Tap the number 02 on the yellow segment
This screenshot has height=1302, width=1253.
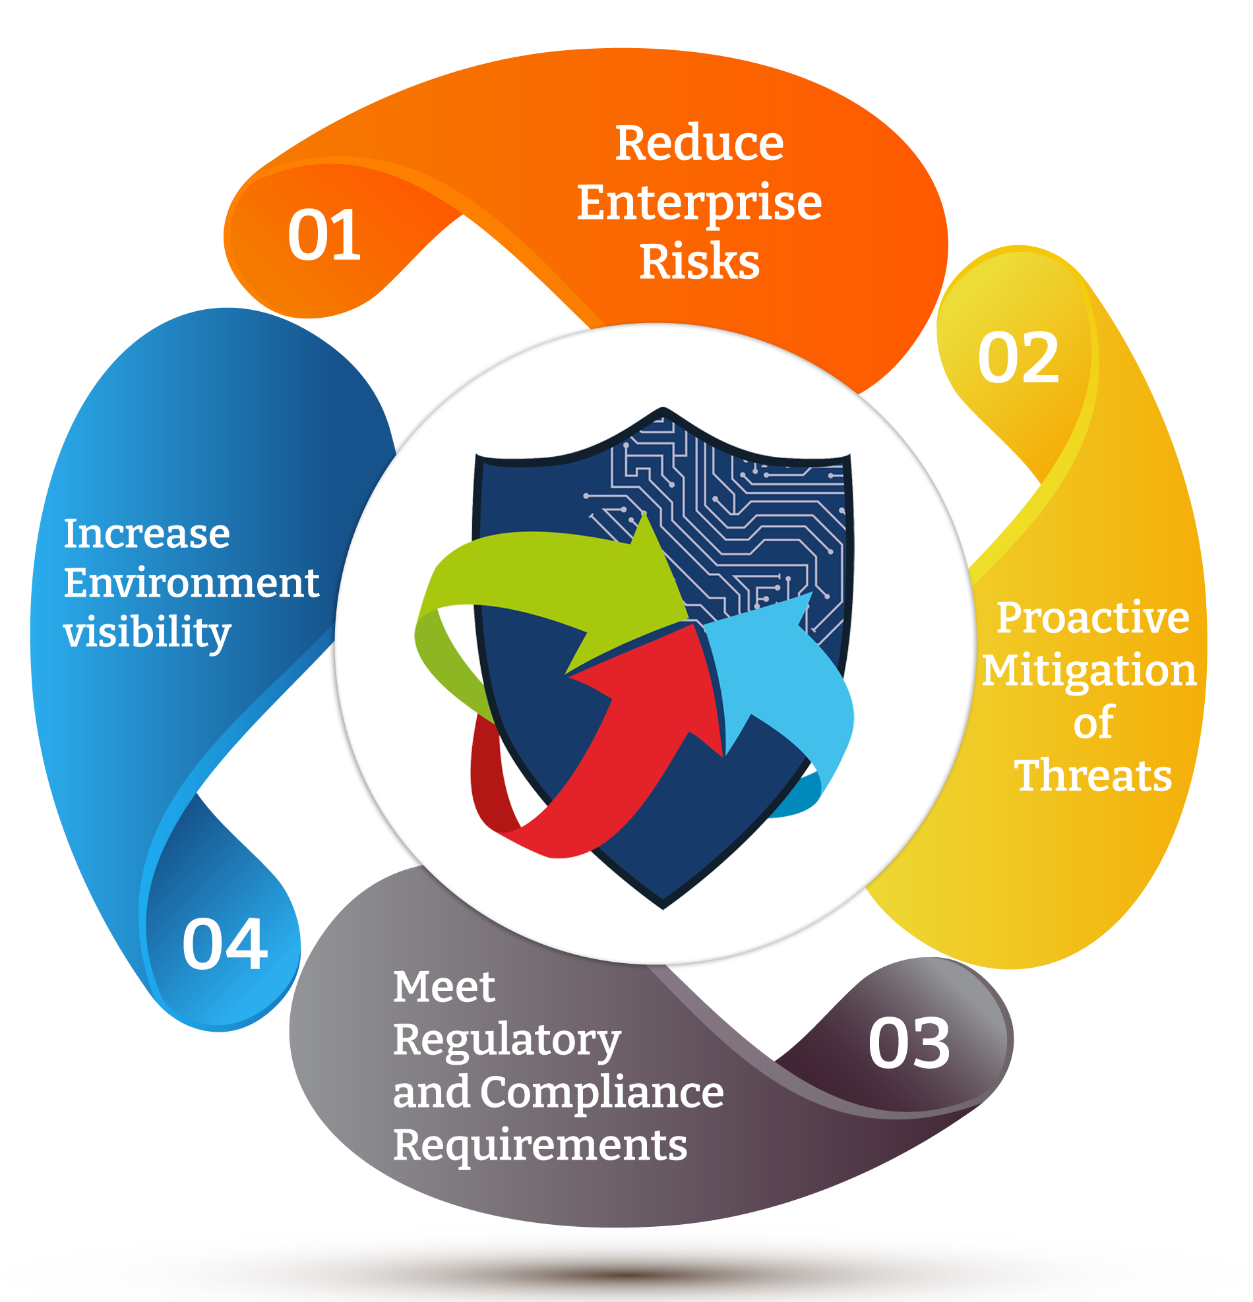[1018, 358]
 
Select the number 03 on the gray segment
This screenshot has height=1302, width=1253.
[909, 1044]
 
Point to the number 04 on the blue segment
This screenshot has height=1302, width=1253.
[225, 944]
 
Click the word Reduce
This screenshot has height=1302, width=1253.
[699, 144]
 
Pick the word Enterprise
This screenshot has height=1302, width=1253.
[699, 202]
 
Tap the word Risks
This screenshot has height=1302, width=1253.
[699, 261]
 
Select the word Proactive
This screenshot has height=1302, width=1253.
[1093, 618]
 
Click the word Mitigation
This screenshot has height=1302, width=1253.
[1089, 670]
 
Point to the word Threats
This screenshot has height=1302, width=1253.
[1093, 775]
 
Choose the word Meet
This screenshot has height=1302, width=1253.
[444, 986]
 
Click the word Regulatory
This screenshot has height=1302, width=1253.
[506, 1040]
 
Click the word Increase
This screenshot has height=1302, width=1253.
[147, 533]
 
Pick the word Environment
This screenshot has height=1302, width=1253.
[191, 583]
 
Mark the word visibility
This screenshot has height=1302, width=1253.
[147, 632]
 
